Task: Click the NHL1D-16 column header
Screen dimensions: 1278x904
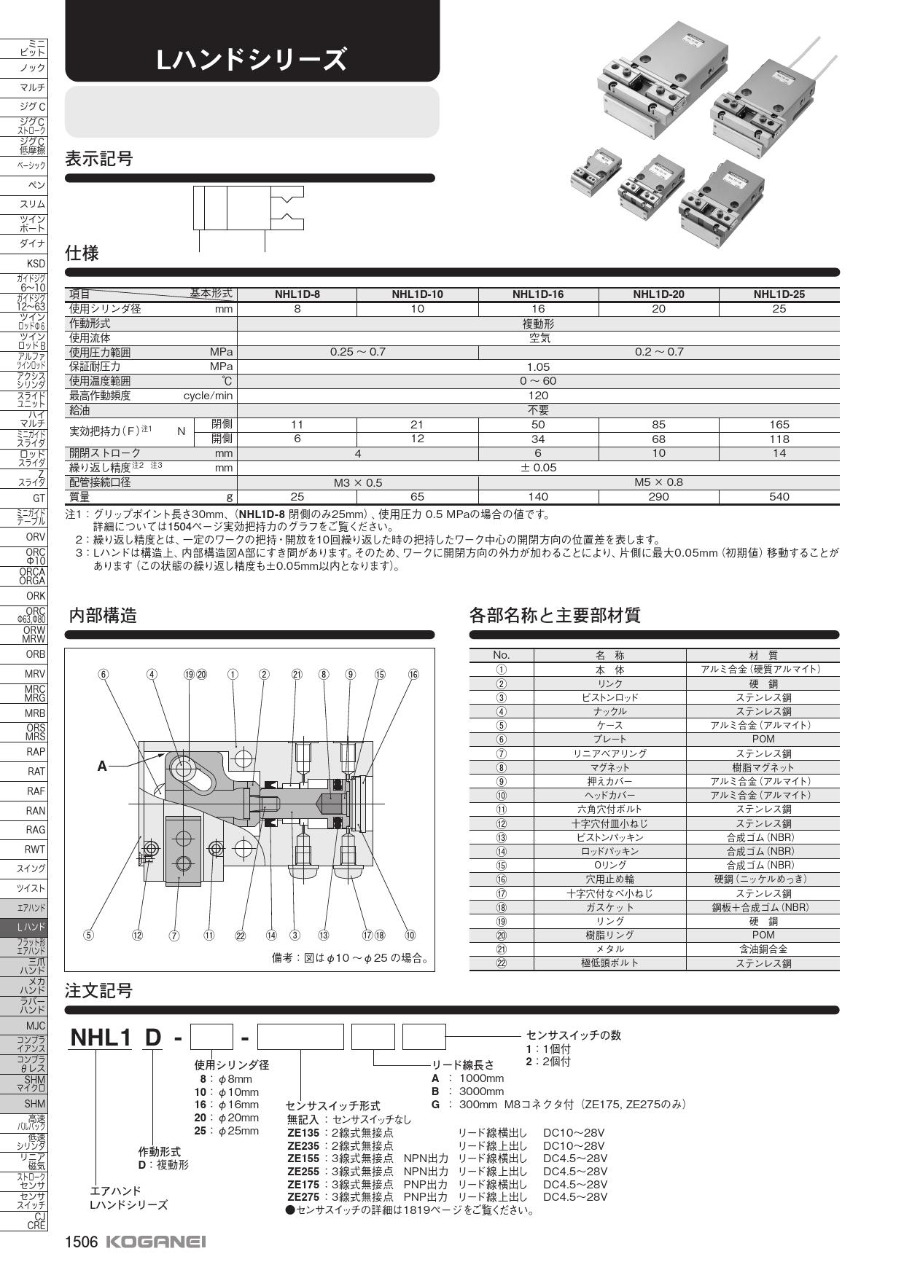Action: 538,294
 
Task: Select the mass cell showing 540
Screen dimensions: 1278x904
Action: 779,497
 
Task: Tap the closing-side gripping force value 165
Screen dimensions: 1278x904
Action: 779,425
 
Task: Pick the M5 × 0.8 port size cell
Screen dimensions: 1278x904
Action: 658,482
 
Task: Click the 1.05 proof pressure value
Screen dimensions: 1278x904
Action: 538,367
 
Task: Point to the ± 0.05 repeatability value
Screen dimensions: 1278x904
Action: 538,468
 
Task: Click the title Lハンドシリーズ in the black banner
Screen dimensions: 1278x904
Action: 252,60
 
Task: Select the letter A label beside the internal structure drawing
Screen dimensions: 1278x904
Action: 102,766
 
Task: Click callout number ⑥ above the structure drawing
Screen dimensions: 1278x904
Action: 104,675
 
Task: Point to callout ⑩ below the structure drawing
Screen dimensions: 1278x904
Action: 410,935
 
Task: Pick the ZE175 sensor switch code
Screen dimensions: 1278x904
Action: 303,1185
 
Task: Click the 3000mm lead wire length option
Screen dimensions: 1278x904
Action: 481,1091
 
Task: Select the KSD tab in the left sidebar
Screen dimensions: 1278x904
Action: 35,264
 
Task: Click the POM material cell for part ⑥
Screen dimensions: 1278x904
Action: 763,739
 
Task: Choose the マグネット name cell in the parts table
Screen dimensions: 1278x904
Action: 609,767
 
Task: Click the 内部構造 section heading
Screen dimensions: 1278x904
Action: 102,616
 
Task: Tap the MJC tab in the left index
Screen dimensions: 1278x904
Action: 35,1026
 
